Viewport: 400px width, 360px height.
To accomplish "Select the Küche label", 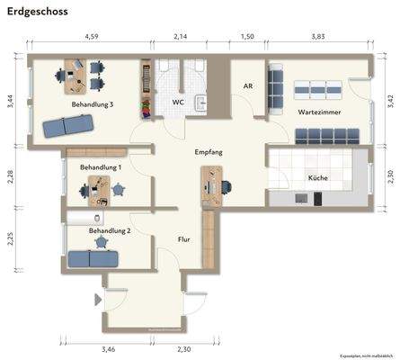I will click(317, 178).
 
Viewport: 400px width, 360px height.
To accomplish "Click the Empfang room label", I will click(209, 152).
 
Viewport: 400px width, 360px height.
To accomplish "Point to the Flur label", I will click(184, 238).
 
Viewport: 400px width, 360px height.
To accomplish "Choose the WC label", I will click(178, 103).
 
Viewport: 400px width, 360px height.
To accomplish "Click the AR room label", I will click(248, 86).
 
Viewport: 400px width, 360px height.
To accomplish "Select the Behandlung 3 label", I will click(93, 104).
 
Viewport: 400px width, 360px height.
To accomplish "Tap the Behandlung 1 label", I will click(101, 167).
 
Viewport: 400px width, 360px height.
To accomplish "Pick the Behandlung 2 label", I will click(110, 230).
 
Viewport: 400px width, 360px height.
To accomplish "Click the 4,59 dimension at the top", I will click(91, 37).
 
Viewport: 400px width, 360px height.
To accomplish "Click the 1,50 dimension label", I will click(248, 37).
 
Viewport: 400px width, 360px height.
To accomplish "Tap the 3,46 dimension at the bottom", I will click(109, 348).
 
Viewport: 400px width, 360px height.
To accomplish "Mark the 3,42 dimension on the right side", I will click(389, 99).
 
